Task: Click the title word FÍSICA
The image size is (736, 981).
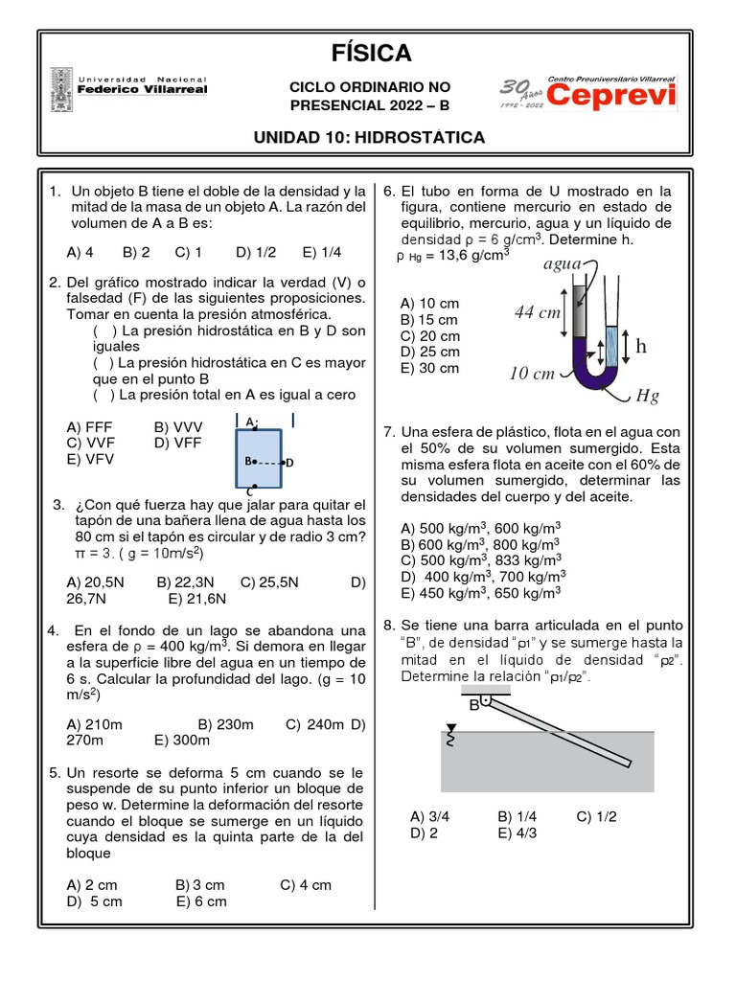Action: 369,53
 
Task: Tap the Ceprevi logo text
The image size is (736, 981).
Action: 613,95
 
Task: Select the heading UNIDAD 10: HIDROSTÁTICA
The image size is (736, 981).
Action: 369,138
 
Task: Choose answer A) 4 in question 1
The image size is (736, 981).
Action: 80,252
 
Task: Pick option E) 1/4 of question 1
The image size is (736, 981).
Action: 322,252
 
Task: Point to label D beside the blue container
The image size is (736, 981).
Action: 289,463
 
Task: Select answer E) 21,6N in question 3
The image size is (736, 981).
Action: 196,599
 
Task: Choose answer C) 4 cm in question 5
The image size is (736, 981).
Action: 306,884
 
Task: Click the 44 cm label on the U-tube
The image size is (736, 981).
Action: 537,312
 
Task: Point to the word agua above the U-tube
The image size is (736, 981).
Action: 563,263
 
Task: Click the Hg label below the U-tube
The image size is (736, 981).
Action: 648,396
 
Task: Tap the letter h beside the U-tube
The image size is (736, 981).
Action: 640,347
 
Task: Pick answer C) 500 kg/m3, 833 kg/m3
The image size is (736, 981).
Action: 481,559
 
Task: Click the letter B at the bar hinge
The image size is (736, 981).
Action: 473,705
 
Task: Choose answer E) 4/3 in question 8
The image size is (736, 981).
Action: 518,833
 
